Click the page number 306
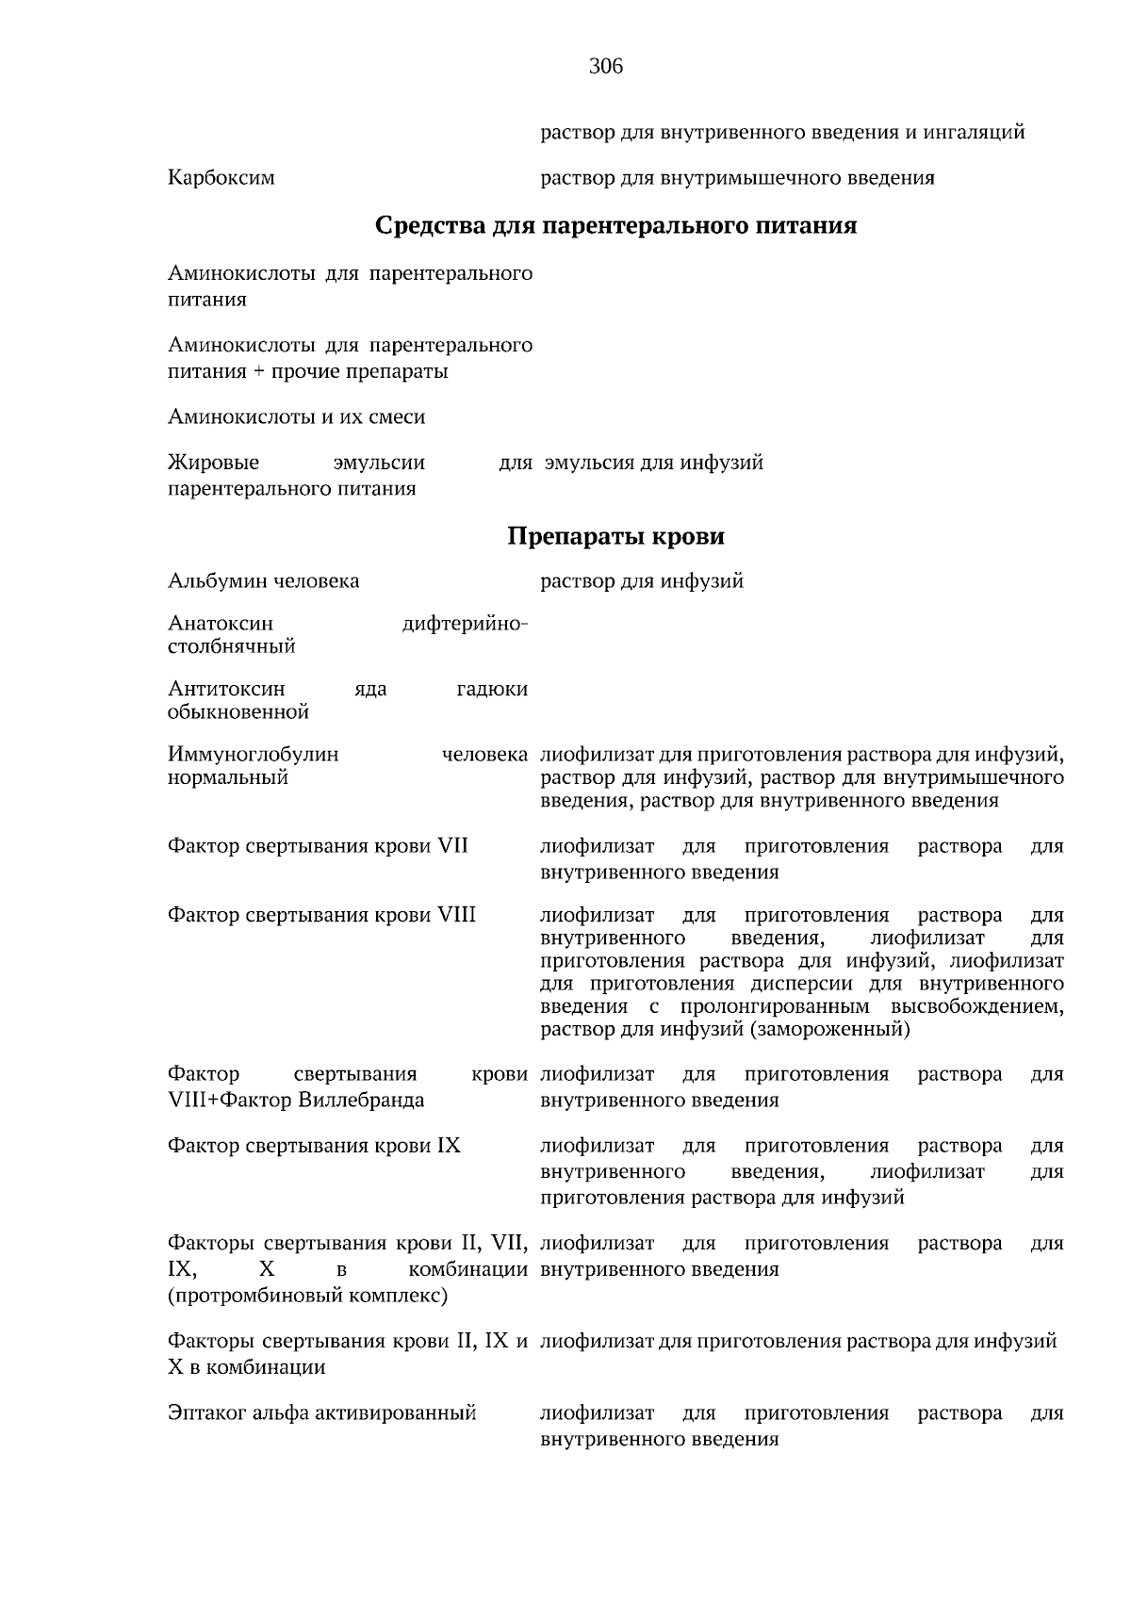point(606,67)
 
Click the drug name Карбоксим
point(221,177)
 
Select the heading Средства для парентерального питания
point(615,226)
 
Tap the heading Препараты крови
point(615,537)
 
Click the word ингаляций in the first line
point(976,132)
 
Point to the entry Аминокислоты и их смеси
point(296,416)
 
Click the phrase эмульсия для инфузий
point(654,463)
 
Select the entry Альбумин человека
point(263,581)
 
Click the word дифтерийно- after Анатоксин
point(465,624)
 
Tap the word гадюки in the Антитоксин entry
point(491,690)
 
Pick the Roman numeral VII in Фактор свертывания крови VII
point(452,846)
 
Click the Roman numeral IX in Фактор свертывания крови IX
point(449,1147)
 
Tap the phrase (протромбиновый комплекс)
point(307,1297)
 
